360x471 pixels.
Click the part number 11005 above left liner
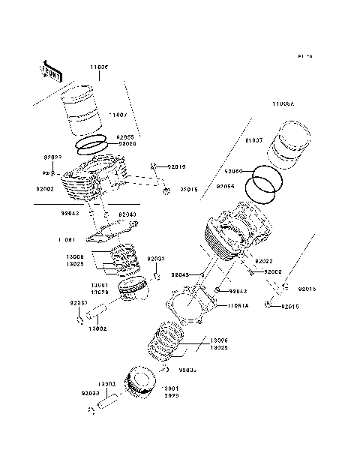click(x=100, y=67)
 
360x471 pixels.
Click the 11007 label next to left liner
click(x=119, y=114)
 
